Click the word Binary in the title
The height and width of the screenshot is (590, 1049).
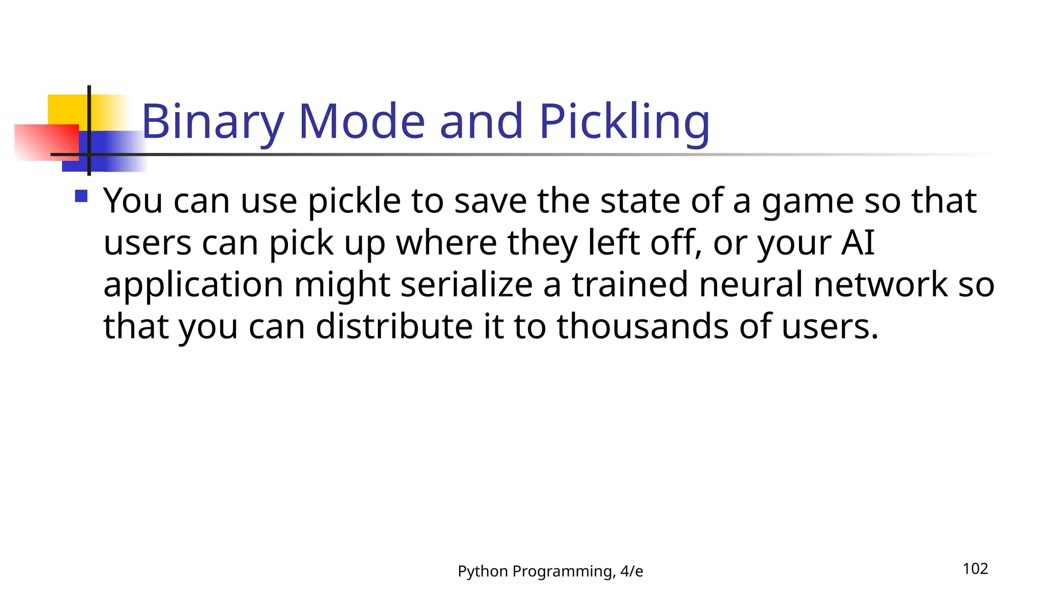point(212,122)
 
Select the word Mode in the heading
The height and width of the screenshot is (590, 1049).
point(362,122)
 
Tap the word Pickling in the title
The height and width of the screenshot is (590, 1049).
point(624,122)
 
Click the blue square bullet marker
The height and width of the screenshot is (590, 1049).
point(81,196)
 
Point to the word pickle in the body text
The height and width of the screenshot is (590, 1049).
point(354,201)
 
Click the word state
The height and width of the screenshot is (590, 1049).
point(640,201)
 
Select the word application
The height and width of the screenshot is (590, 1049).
point(193,286)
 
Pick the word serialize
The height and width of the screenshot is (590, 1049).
point(466,285)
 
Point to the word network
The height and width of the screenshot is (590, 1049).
point(880,285)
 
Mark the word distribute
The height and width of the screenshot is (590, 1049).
point(394,327)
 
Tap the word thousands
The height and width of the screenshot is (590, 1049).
point(642,327)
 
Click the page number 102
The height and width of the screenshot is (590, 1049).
point(975,569)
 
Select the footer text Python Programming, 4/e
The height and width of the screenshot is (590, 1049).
point(550,571)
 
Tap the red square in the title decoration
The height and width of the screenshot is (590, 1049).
point(46,142)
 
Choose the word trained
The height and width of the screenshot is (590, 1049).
point(630,285)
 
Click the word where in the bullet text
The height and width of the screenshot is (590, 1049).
point(446,243)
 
